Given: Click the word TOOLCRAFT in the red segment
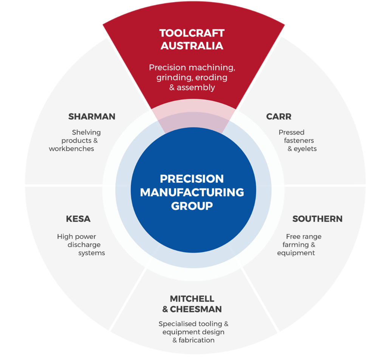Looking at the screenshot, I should [192, 33].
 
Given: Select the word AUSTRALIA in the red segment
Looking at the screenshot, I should [192, 46].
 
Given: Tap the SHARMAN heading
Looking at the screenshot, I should [92, 116].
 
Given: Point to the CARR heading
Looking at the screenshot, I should [279, 116].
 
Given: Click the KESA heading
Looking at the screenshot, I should [78, 219].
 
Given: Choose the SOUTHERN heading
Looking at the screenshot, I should [317, 219].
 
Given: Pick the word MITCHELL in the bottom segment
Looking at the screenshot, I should [192, 299].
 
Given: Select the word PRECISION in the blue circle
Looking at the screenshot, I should [192, 178].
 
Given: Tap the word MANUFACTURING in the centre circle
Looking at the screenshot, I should [192, 192].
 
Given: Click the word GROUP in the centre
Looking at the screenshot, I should [192, 206].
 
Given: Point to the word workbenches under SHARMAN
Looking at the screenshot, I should [71, 149].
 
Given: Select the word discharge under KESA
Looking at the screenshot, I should [84, 245].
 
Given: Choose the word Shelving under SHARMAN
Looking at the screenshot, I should [87, 132].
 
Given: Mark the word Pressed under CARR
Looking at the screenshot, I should [291, 132].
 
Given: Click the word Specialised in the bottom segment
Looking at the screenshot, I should [177, 324].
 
